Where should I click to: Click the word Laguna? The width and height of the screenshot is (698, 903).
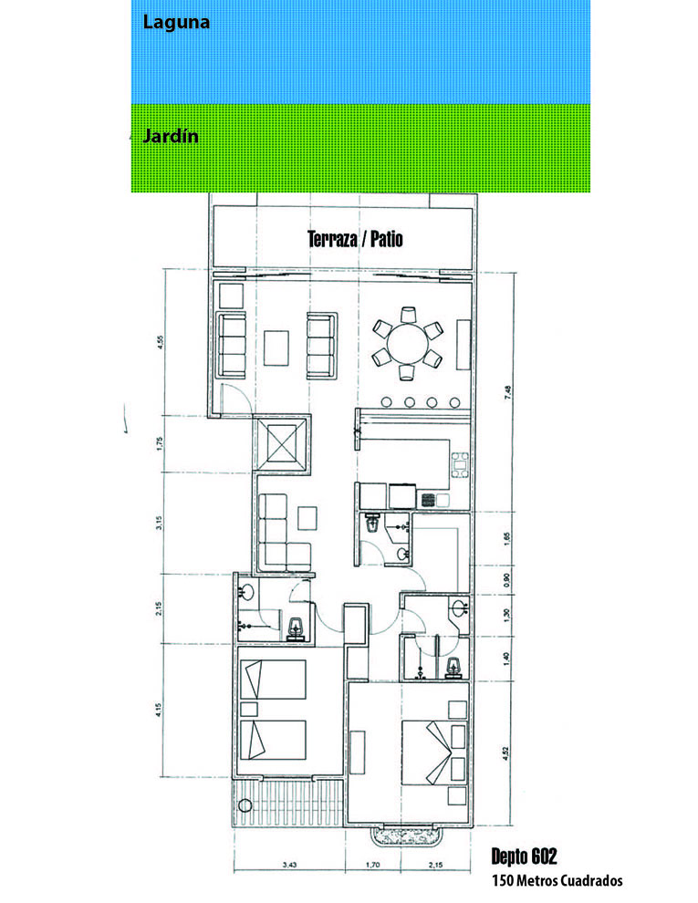[x=176, y=23]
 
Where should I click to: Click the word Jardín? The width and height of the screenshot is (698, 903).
[x=171, y=137]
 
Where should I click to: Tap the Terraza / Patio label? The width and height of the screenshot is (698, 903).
[x=355, y=239]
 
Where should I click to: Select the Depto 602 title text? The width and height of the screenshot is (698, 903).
[x=524, y=856]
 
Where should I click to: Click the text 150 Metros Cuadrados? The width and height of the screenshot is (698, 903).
[x=557, y=880]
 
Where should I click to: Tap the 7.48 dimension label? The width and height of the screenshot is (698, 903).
[x=507, y=393]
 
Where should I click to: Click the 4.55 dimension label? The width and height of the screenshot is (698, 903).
[x=160, y=344]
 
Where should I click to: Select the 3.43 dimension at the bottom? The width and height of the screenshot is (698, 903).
[x=290, y=865]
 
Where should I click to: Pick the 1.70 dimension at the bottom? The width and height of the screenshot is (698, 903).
[x=372, y=865]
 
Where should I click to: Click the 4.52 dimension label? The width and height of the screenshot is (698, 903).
[x=505, y=753]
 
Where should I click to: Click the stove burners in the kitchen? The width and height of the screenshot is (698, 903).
[x=428, y=499]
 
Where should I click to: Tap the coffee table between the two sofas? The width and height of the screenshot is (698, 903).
[x=276, y=348]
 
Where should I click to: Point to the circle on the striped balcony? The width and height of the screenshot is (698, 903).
[x=245, y=804]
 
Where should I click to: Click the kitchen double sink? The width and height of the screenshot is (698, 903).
[x=460, y=465]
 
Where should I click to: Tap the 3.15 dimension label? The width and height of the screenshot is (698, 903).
[x=160, y=523]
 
